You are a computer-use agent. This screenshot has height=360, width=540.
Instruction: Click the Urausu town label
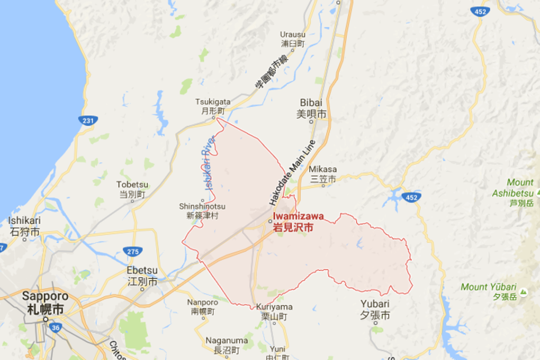(293, 39)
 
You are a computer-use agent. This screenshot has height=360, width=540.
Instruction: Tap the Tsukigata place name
(213, 106)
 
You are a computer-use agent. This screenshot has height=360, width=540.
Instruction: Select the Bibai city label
(311, 108)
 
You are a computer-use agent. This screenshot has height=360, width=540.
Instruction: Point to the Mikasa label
(322, 175)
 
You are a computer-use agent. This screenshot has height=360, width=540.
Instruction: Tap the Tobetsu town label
(132, 189)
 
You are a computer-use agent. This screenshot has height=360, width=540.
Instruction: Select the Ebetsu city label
(142, 276)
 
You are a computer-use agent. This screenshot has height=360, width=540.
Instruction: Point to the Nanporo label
(202, 307)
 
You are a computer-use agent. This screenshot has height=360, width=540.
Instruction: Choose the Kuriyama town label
(273, 311)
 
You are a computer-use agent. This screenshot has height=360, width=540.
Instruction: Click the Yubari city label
(375, 309)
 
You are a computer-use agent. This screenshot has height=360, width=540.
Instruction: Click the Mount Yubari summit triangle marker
(524, 291)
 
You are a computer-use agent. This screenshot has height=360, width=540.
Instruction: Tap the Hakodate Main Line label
(292, 173)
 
